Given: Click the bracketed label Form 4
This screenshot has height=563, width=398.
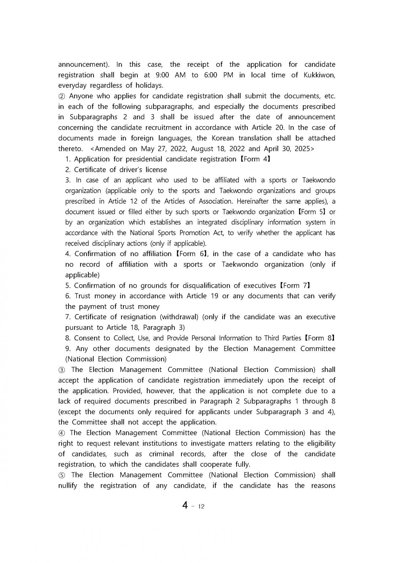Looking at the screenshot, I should (x=254, y=159).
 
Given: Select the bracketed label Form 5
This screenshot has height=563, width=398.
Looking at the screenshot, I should (x=310, y=212).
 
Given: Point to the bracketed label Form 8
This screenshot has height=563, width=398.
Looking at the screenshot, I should (x=319, y=338).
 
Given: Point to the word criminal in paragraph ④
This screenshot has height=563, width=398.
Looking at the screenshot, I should (x=161, y=454).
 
